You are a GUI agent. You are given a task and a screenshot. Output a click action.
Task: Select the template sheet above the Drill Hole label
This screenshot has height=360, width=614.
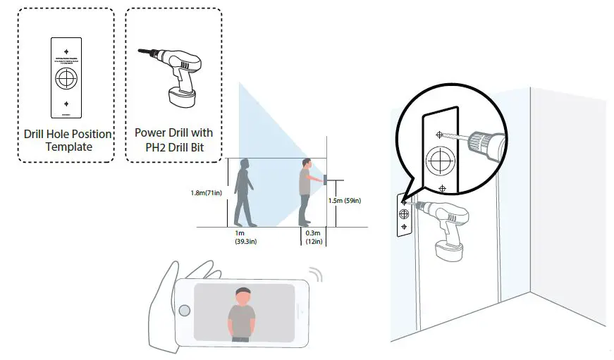[x=66, y=75]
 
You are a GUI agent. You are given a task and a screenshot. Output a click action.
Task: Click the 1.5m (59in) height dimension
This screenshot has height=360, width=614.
[x=345, y=201]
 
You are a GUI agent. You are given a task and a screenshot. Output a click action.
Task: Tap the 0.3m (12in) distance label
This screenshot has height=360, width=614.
[x=313, y=237]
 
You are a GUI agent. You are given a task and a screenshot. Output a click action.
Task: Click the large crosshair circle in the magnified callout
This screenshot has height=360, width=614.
[x=440, y=161]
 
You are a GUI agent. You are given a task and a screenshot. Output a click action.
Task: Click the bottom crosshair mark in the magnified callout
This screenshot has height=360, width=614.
[x=442, y=188]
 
